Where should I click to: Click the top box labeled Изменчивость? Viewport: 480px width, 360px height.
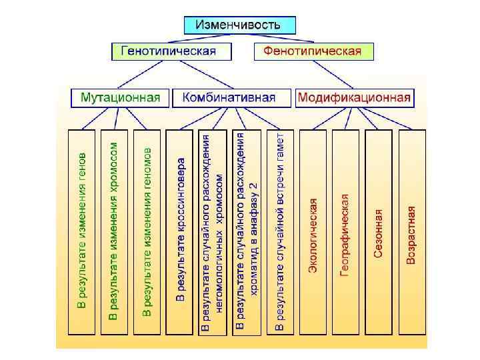coord(239,25)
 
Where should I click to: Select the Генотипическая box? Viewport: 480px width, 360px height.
coord(168,51)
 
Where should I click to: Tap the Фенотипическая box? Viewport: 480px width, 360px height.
coord(313,51)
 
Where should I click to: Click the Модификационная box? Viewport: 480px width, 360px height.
coord(354,98)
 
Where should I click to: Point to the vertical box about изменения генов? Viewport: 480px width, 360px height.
coord(82,231)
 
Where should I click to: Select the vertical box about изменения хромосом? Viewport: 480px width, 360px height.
coord(115,231)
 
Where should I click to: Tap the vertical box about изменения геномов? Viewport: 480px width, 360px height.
coord(147,231)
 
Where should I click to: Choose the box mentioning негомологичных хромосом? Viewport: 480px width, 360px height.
coord(213,231)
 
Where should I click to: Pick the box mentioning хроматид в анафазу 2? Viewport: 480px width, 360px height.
coord(246,231)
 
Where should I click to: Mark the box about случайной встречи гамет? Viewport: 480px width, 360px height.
coord(279,231)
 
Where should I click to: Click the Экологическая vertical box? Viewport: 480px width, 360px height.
coord(313,231)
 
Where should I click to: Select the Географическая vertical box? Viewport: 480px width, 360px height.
coord(345,231)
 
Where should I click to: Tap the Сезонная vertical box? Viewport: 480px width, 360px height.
coord(378,231)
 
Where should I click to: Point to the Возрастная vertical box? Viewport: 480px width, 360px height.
coord(411,231)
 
